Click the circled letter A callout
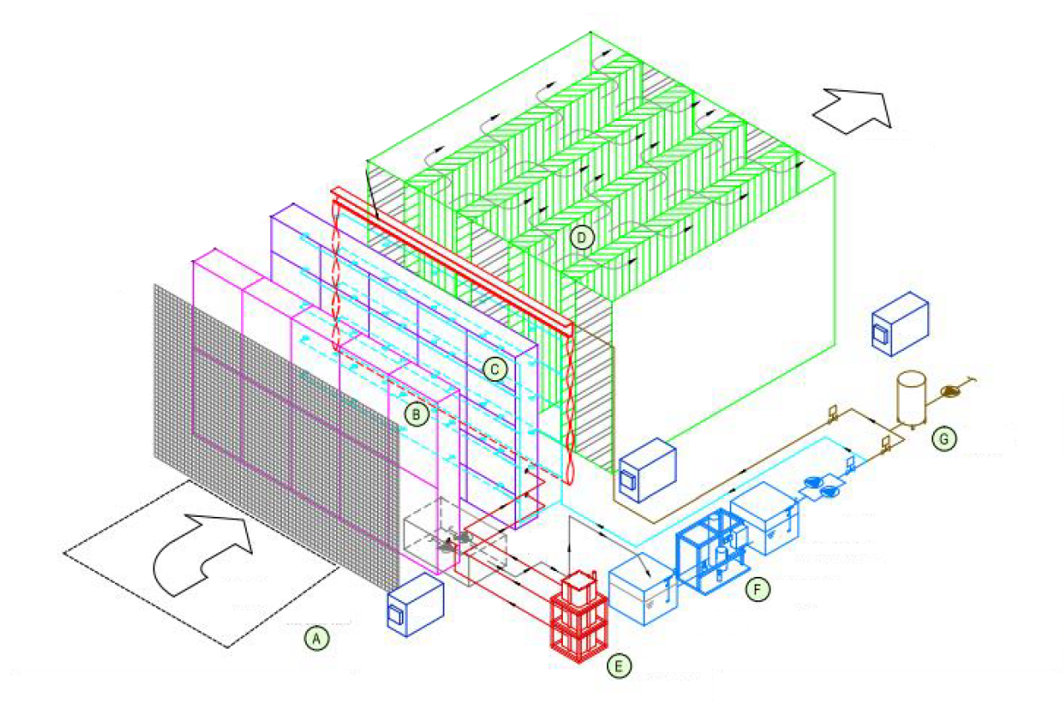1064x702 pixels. click(x=316, y=638)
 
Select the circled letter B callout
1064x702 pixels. click(x=416, y=414)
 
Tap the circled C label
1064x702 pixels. click(x=494, y=369)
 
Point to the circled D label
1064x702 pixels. click(x=582, y=238)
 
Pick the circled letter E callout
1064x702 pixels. click(x=619, y=666)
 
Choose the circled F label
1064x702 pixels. click(x=757, y=589)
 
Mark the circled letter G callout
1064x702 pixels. click(x=944, y=439)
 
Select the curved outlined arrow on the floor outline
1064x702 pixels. click(x=203, y=555)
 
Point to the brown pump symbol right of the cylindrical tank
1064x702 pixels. click(x=951, y=391)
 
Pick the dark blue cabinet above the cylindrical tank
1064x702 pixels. click(x=900, y=324)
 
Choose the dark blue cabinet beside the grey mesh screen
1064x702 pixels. click(x=415, y=604)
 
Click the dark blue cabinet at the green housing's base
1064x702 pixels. click(x=647, y=470)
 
